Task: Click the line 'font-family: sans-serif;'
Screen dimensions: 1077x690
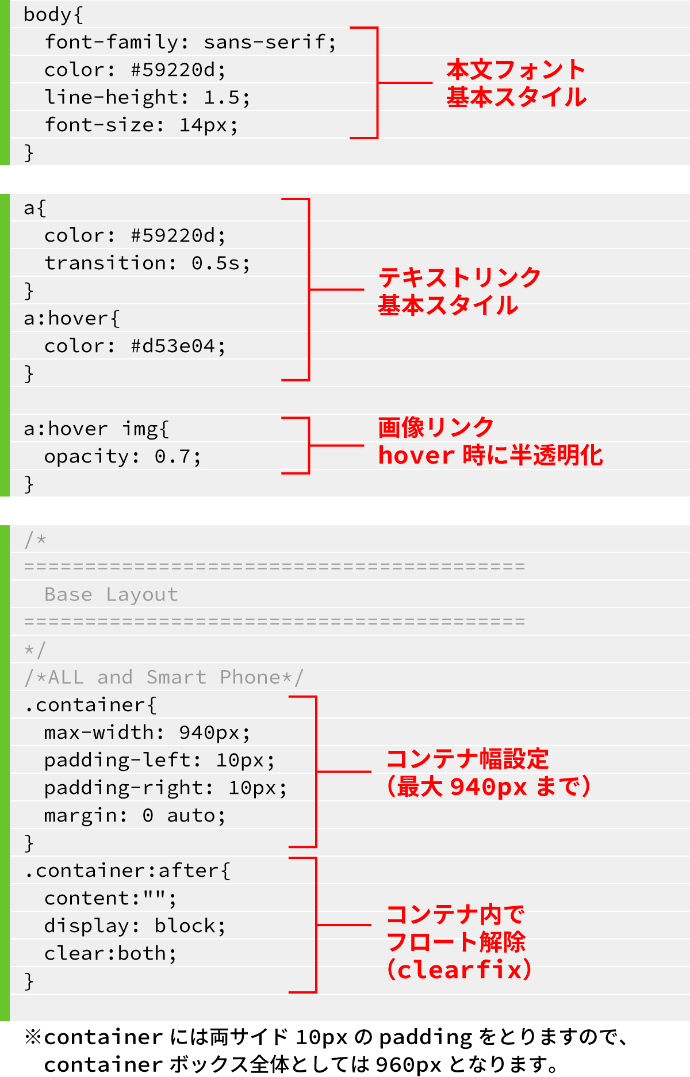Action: pos(190,42)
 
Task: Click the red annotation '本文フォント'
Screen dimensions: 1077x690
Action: pos(516,70)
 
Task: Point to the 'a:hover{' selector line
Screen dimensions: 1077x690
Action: pos(72,318)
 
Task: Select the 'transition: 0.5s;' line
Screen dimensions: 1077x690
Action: pos(147,263)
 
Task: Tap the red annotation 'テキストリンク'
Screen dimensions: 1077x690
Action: pos(459,277)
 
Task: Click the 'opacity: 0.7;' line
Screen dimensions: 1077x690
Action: pos(122,456)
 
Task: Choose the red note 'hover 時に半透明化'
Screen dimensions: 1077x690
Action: pos(490,455)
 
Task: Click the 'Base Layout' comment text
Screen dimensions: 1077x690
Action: pos(111,594)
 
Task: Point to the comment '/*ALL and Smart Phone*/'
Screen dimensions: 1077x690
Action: pos(164,677)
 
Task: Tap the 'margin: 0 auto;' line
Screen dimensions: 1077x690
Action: pos(135,815)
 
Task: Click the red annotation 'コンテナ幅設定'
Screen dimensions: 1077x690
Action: pos(467,759)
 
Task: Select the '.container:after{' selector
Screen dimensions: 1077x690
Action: pos(127,870)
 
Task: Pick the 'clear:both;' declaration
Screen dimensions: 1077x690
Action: pos(110,953)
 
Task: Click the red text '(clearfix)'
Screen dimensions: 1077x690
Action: pos(459,969)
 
